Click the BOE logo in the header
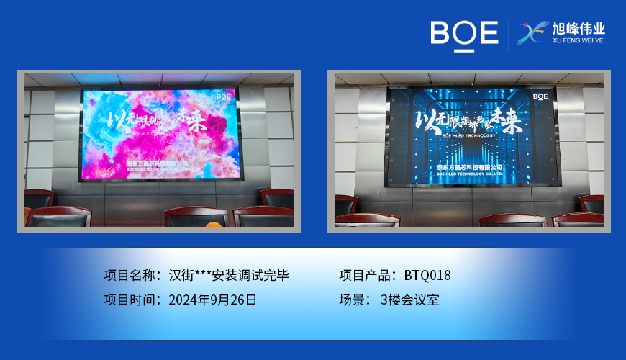point(464,34)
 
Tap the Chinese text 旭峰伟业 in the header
point(579,29)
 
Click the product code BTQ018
point(427,275)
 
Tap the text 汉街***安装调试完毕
point(229,275)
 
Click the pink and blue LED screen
point(159,135)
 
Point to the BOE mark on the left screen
point(223,94)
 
